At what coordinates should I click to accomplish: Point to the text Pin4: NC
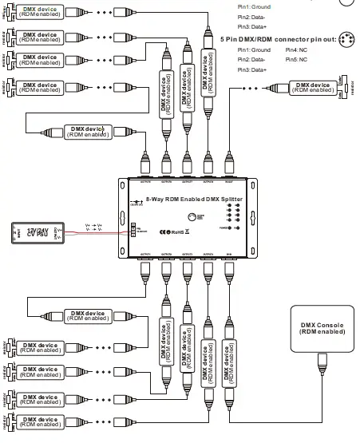pyautogui.click(x=298, y=50)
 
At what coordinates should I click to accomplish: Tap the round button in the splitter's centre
pyautogui.click(x=192, y=217)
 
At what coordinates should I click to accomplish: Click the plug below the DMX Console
pyautogui.click(x=322, y=364)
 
